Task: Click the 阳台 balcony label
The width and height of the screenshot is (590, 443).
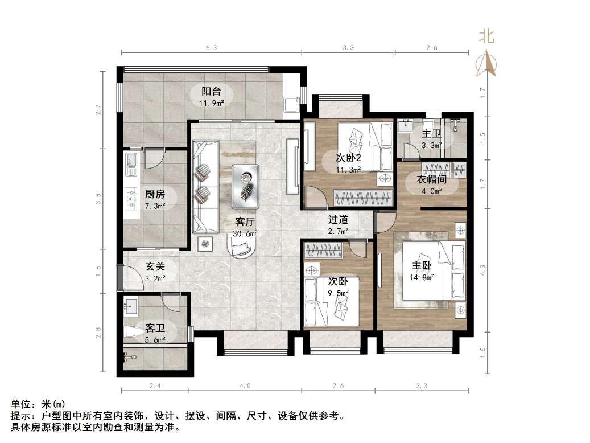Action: coord(211,91)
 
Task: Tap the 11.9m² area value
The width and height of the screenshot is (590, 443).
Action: coord(211,103)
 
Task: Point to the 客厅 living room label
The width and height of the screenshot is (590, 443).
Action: coord(245,221)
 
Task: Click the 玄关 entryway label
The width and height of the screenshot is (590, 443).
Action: coord(155,266)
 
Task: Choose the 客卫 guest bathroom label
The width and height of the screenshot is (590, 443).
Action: coord(155,328)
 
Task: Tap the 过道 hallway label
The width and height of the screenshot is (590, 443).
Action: coord(338,219)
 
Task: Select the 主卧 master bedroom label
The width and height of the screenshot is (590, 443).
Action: coord(422,266)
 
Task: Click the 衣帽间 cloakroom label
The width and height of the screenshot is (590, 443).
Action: coord(430,180)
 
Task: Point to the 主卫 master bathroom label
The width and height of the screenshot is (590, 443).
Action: coord(431,134)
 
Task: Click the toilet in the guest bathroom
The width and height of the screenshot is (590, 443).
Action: coord(131,334)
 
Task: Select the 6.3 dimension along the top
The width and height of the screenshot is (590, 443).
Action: coord(211,48)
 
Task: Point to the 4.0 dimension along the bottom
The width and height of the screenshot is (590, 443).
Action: coord(245,387)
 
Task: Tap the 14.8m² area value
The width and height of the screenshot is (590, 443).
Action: coord(422,278)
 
